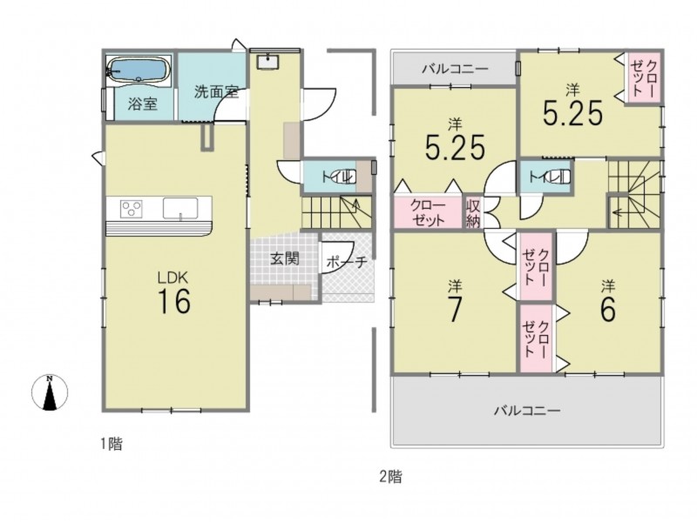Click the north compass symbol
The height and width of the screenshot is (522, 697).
(50, 392)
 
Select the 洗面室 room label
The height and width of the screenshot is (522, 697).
(216, 92)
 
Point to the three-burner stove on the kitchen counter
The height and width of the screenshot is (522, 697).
(132, 208)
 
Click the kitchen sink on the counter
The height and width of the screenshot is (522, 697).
(180, 208)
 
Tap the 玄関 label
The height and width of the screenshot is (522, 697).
(285, 258)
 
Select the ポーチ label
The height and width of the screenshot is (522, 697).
(347, 262)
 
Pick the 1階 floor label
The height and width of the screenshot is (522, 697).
(111, 444)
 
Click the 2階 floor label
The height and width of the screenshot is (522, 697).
(391, 477)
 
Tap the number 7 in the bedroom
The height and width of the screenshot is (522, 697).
(454, 309)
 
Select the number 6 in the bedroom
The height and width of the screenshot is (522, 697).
(608, 308)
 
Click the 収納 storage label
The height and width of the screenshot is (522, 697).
(472, 213)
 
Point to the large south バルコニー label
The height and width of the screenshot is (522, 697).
(527, 411)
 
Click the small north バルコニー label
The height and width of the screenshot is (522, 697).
(455, 69)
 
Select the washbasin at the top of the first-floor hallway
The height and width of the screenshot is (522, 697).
(267, 63)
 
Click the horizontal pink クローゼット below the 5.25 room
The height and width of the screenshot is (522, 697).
(427, 213)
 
